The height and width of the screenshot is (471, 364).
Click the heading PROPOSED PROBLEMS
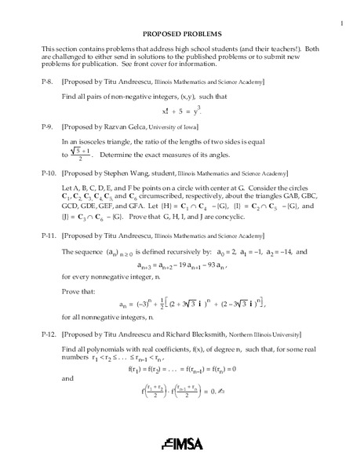tap(181, 35)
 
